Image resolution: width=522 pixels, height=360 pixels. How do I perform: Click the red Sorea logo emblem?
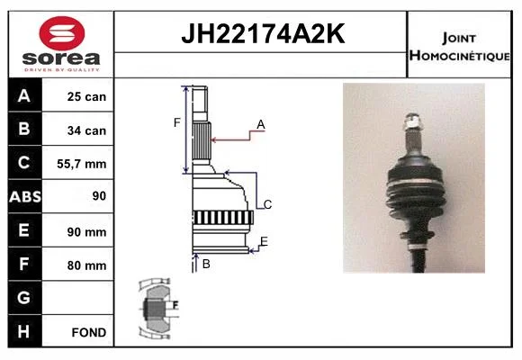[62, 33]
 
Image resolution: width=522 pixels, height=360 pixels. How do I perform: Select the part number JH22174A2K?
[263, 33]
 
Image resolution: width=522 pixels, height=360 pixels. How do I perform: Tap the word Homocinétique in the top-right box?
[459, 55]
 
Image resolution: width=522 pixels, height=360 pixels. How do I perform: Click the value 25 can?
[86, 96]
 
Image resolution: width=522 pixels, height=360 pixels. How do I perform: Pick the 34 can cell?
[86, 130]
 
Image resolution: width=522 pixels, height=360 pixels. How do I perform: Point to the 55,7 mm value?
[82, 164]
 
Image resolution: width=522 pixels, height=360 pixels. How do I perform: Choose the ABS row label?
[25, 196]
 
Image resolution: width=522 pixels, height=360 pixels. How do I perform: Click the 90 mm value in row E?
[86, 232]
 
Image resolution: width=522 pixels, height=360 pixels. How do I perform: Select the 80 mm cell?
[86, 265]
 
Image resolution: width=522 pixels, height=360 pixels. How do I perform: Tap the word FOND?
[89, 332]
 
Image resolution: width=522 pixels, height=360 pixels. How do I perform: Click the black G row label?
[24, 298]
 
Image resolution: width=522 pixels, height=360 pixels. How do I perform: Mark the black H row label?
[24, 331]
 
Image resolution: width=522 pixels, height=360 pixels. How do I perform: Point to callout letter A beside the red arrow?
[261, 124]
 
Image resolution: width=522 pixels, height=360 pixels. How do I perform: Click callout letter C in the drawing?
[267, 204]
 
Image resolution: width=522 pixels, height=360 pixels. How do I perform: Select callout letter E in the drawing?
[264, 241]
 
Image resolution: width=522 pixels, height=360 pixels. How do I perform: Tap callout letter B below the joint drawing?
[206, 264]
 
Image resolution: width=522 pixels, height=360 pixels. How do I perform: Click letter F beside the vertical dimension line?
[176, 123]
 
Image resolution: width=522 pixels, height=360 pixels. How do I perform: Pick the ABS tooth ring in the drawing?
[223, 218]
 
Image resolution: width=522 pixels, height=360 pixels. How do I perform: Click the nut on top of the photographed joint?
[412, 121]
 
